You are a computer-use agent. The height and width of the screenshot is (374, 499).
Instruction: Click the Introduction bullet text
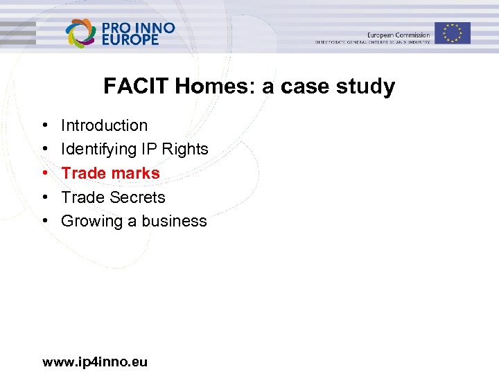click(x=104, y=125)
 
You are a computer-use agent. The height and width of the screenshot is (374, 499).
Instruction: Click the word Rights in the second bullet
click(x=185, y=149)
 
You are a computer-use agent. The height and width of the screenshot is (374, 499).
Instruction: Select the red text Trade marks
click(x=110, y=173)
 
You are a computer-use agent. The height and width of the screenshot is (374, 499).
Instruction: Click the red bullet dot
click(x=44, y=174)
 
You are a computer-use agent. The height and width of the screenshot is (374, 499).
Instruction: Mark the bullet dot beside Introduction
click(x=44, y=126)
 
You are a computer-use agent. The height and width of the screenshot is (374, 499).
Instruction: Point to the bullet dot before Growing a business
click(x=44, y=222)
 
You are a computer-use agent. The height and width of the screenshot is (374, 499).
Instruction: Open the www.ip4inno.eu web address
click(x=95, y=362)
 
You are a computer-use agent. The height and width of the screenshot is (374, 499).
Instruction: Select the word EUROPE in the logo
click(x=130, y=40)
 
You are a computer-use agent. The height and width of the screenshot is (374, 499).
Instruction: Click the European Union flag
click(x=453, y=33)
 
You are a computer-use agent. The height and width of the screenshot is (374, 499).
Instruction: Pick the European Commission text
click(x=399, y=35)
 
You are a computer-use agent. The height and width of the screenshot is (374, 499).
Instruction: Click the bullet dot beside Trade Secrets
click(x=44, y=197)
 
